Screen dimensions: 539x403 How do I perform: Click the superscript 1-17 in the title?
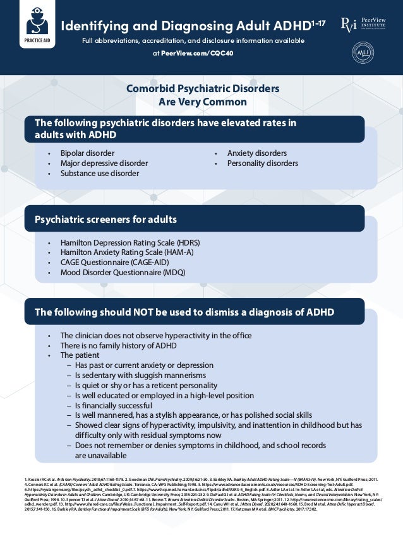(x=318, y=23)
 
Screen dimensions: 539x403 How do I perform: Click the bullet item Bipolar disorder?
(x=87, y=153)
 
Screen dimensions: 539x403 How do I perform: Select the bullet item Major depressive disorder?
(x=104, y=163)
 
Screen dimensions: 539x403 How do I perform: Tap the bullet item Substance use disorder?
(x=99, y=174)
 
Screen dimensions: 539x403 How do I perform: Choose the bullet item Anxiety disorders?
(x=256, y=153)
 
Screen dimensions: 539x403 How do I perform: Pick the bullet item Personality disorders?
(x=262, y=163)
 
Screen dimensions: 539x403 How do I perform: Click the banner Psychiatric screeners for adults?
(x=105, y=220)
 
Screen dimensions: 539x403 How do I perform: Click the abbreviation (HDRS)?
(x=187, y=242)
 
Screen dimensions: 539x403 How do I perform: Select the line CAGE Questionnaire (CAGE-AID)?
(x=119, y=263)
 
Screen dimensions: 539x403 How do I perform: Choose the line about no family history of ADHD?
(x=118, y=345)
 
